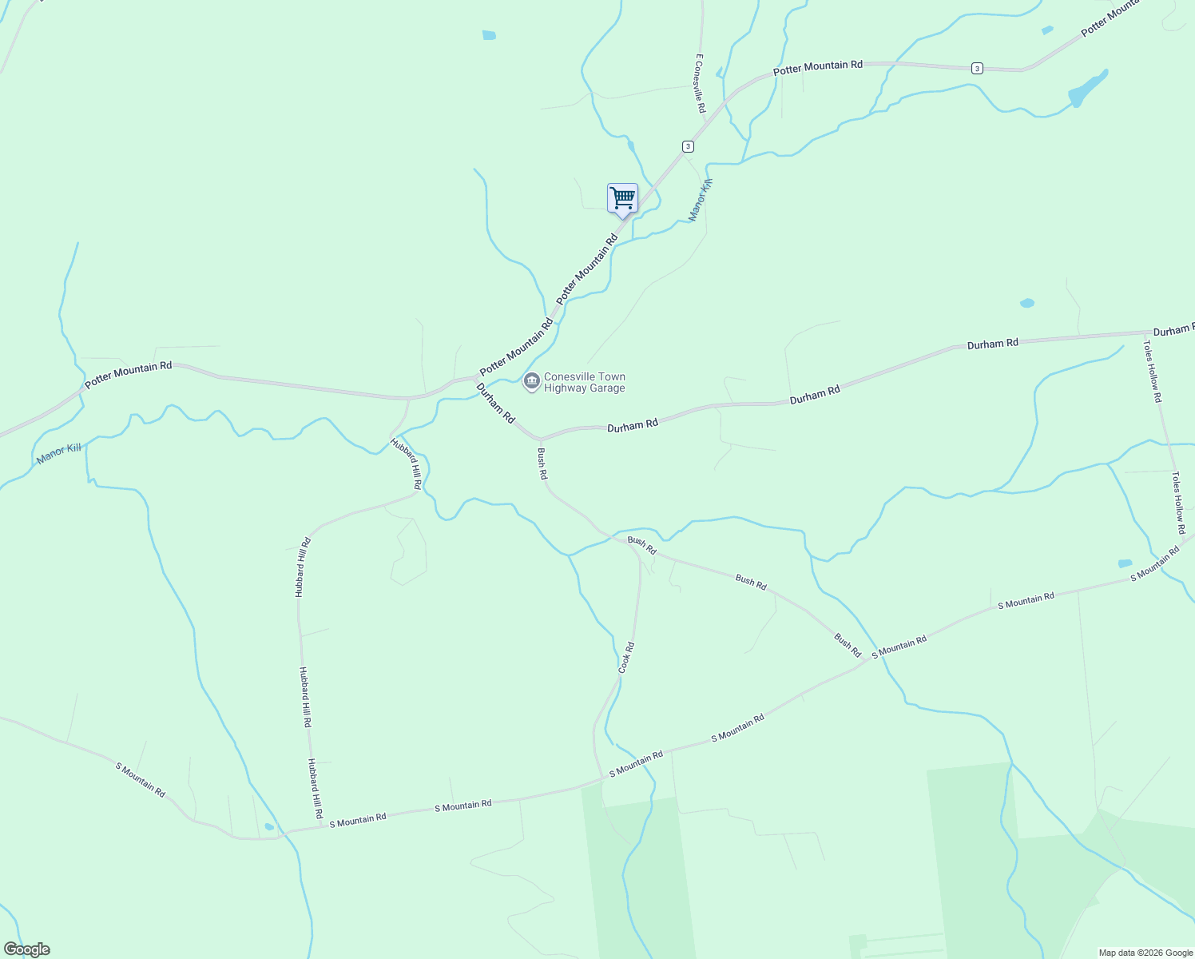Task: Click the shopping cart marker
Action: tap(622, 198)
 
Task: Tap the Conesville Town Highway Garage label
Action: tap(584, 383)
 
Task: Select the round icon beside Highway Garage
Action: tap(531, 382)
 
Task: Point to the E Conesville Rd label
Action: tap(700, 83)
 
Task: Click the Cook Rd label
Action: tap(627, 657)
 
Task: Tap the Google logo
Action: tap(26, 949)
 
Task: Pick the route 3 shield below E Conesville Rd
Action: tap(688, 146)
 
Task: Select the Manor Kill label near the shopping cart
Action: tap(701, 200)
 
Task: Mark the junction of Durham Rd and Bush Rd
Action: tap(541, 440)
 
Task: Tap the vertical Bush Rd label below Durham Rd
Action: tap(542, 464)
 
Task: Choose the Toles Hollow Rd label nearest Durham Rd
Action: tap(1153, 372)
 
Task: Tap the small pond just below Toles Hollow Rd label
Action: tap(1125, 563)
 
